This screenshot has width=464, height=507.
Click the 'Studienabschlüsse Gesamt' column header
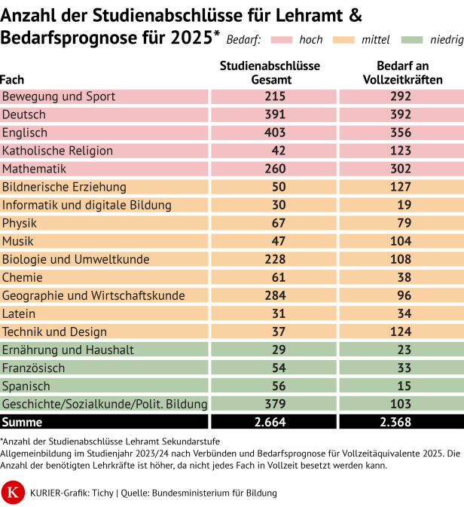274,72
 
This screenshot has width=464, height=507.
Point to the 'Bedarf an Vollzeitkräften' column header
400,72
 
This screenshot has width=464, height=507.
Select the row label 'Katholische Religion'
57,151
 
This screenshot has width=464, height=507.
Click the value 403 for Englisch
274,133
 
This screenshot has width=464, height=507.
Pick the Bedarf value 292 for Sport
400,96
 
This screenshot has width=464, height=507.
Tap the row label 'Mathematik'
35,169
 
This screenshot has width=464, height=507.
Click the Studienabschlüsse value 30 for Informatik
274,205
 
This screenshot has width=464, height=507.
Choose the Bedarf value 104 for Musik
400,241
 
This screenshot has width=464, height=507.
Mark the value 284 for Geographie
274,295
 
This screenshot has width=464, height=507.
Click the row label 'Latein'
19,313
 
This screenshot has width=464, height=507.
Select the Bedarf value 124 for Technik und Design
400,331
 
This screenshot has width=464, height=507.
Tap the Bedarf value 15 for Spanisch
400,386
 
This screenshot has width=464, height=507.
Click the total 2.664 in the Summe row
274,422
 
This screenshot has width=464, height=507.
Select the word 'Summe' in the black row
23,422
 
